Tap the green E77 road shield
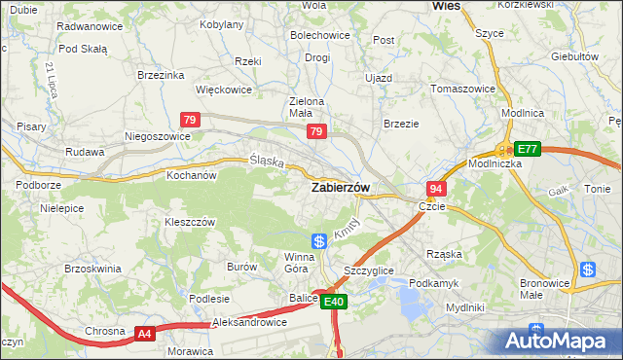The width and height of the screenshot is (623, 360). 527,149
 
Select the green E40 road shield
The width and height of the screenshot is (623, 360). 333,303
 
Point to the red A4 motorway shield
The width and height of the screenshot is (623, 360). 144,334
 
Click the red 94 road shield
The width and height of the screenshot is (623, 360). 436,188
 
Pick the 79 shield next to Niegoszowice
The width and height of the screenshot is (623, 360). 191,120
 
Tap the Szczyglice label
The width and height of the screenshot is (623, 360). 369,270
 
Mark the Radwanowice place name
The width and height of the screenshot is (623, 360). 90,26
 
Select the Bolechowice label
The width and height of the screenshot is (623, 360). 320,35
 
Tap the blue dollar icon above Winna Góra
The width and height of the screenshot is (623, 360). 318,240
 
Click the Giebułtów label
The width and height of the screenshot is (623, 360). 573,56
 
